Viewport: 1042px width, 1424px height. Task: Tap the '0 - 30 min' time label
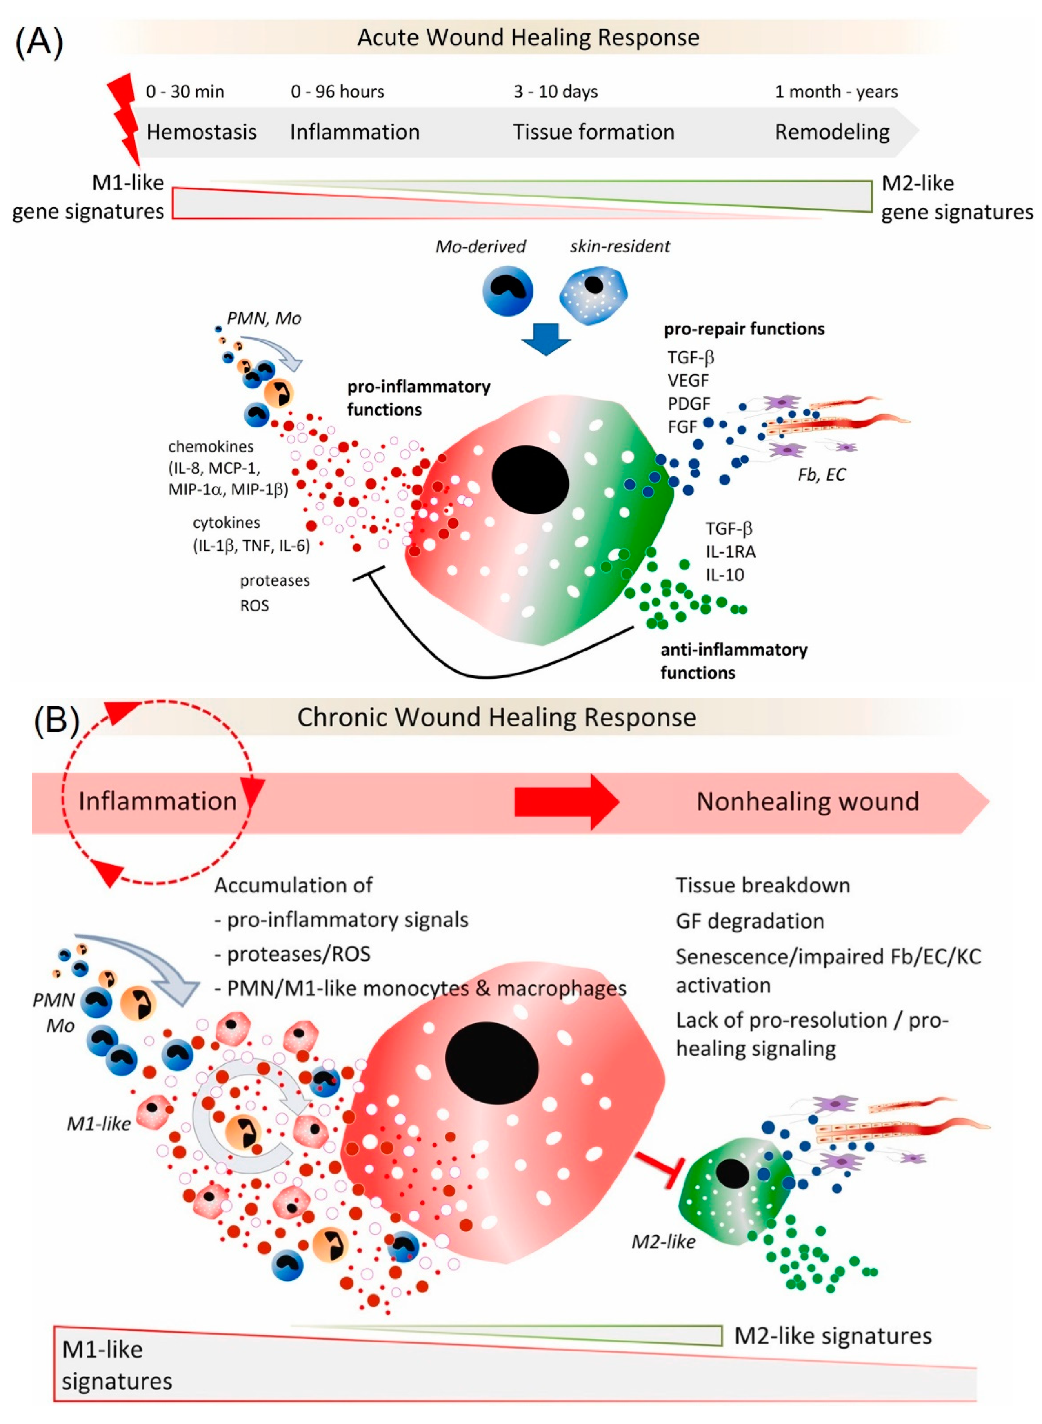(x=185, y=92)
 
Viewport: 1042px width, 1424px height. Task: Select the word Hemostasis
(x=201, y=132)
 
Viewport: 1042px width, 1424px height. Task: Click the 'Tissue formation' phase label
(x=593, y=132)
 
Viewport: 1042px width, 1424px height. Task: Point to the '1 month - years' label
(x=836, y=92)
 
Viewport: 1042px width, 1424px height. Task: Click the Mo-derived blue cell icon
(x=507, y=290)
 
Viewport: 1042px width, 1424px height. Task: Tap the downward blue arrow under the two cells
(x=546, y=339)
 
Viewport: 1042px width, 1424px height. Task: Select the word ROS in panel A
(x=254, y=606)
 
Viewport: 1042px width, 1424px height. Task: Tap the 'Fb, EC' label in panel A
(x=821, y=475)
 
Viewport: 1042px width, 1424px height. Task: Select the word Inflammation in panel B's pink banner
(x=158, y=801)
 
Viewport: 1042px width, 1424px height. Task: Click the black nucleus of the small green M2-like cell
(x=732, y=1174)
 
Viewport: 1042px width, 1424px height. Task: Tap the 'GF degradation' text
(x=749, y=921)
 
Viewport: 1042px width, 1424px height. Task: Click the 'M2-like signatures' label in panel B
(x=833, y=1336)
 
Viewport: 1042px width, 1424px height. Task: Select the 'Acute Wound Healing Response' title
(x=528, y=37)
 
